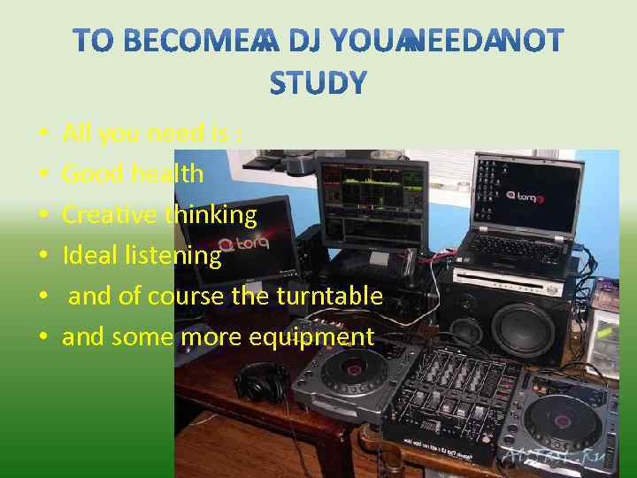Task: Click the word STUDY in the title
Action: click(318, 82)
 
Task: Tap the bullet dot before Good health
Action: click(43, 174)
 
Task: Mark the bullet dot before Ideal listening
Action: click(43, 256)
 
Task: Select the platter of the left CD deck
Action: click(354, 370)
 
